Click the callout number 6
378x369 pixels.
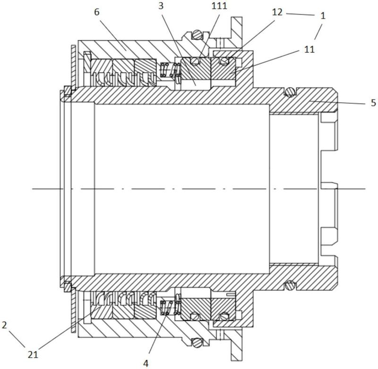(97, 12)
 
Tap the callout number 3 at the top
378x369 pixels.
(161, 6)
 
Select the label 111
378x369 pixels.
(219, 6)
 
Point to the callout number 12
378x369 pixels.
(277, 12)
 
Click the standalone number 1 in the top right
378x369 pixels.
(323, 16)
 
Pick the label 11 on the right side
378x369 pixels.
(309, 50)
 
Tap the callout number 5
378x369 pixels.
(373, 103)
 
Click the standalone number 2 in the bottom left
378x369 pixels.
(4, 326)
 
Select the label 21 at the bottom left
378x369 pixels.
(33, 355)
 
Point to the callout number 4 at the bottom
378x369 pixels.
(146, 363)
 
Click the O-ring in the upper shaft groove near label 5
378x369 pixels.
(290, 92)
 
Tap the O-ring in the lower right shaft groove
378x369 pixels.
(290, 285)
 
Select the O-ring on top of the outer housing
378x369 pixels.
(197, 34)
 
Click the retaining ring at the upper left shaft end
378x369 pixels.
(68, 91)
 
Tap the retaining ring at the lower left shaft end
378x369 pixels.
(68, 286)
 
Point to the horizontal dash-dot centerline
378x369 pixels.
(199, 189)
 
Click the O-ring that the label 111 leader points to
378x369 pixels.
(195, 61)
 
